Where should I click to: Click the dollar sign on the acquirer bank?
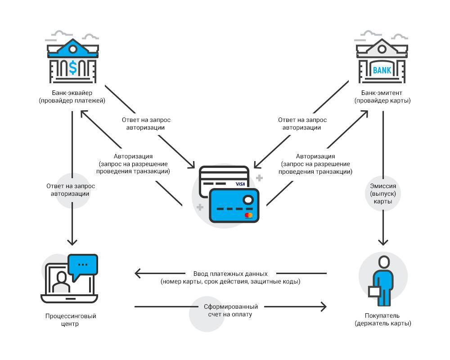pos(73,67)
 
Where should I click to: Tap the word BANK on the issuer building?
pos(382,70)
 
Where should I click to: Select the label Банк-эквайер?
pos(72,93)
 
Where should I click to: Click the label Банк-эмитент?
pos(382,93)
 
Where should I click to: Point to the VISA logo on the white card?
pos(240,184)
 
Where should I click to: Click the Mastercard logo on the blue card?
pos(248,215)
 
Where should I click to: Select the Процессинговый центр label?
pos(70,320)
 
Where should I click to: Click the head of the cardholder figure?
pos(384,262)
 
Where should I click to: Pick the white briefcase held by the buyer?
pos(374,292)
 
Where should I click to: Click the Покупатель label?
pos(382,315)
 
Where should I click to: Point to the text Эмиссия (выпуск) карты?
pos(383,193)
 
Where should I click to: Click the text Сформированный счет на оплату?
pos(230,310)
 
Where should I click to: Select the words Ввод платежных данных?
pos(230,274)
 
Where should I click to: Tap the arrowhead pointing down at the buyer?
pos(383,242)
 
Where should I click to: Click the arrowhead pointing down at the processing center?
pos(72,242)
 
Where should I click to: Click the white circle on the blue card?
pos(248,199)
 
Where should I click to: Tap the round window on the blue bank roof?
pos(73,49)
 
